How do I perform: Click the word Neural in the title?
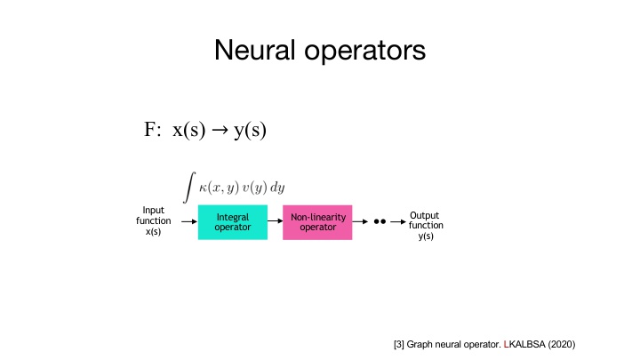tap(257, 51)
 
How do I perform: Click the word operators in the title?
tap(366, 52)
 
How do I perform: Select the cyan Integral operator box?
tap(233, 221)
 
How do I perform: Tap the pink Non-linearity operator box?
tap(317, 221)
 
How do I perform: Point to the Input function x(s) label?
tap(153, 221)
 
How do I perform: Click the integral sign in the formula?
tap(188, 187)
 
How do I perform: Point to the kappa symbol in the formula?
tap(204, 188)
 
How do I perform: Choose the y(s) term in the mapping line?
tap(250, 130)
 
